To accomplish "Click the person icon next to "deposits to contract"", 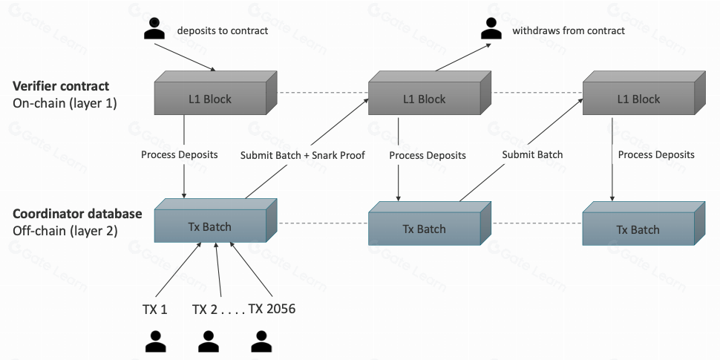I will [154, 30].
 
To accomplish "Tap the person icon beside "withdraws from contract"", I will [490, 30].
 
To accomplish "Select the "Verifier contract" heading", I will [61, 86].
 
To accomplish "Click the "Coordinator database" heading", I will [77, 214].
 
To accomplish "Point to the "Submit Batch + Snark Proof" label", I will [302, 156].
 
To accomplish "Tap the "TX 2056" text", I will [272, 309].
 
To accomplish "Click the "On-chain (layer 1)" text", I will [65, 103].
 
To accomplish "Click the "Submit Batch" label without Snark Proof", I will [532, 154].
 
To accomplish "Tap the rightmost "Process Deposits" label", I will [656, 154].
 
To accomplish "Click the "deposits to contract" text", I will [222, 30].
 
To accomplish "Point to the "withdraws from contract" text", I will [568, 30].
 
